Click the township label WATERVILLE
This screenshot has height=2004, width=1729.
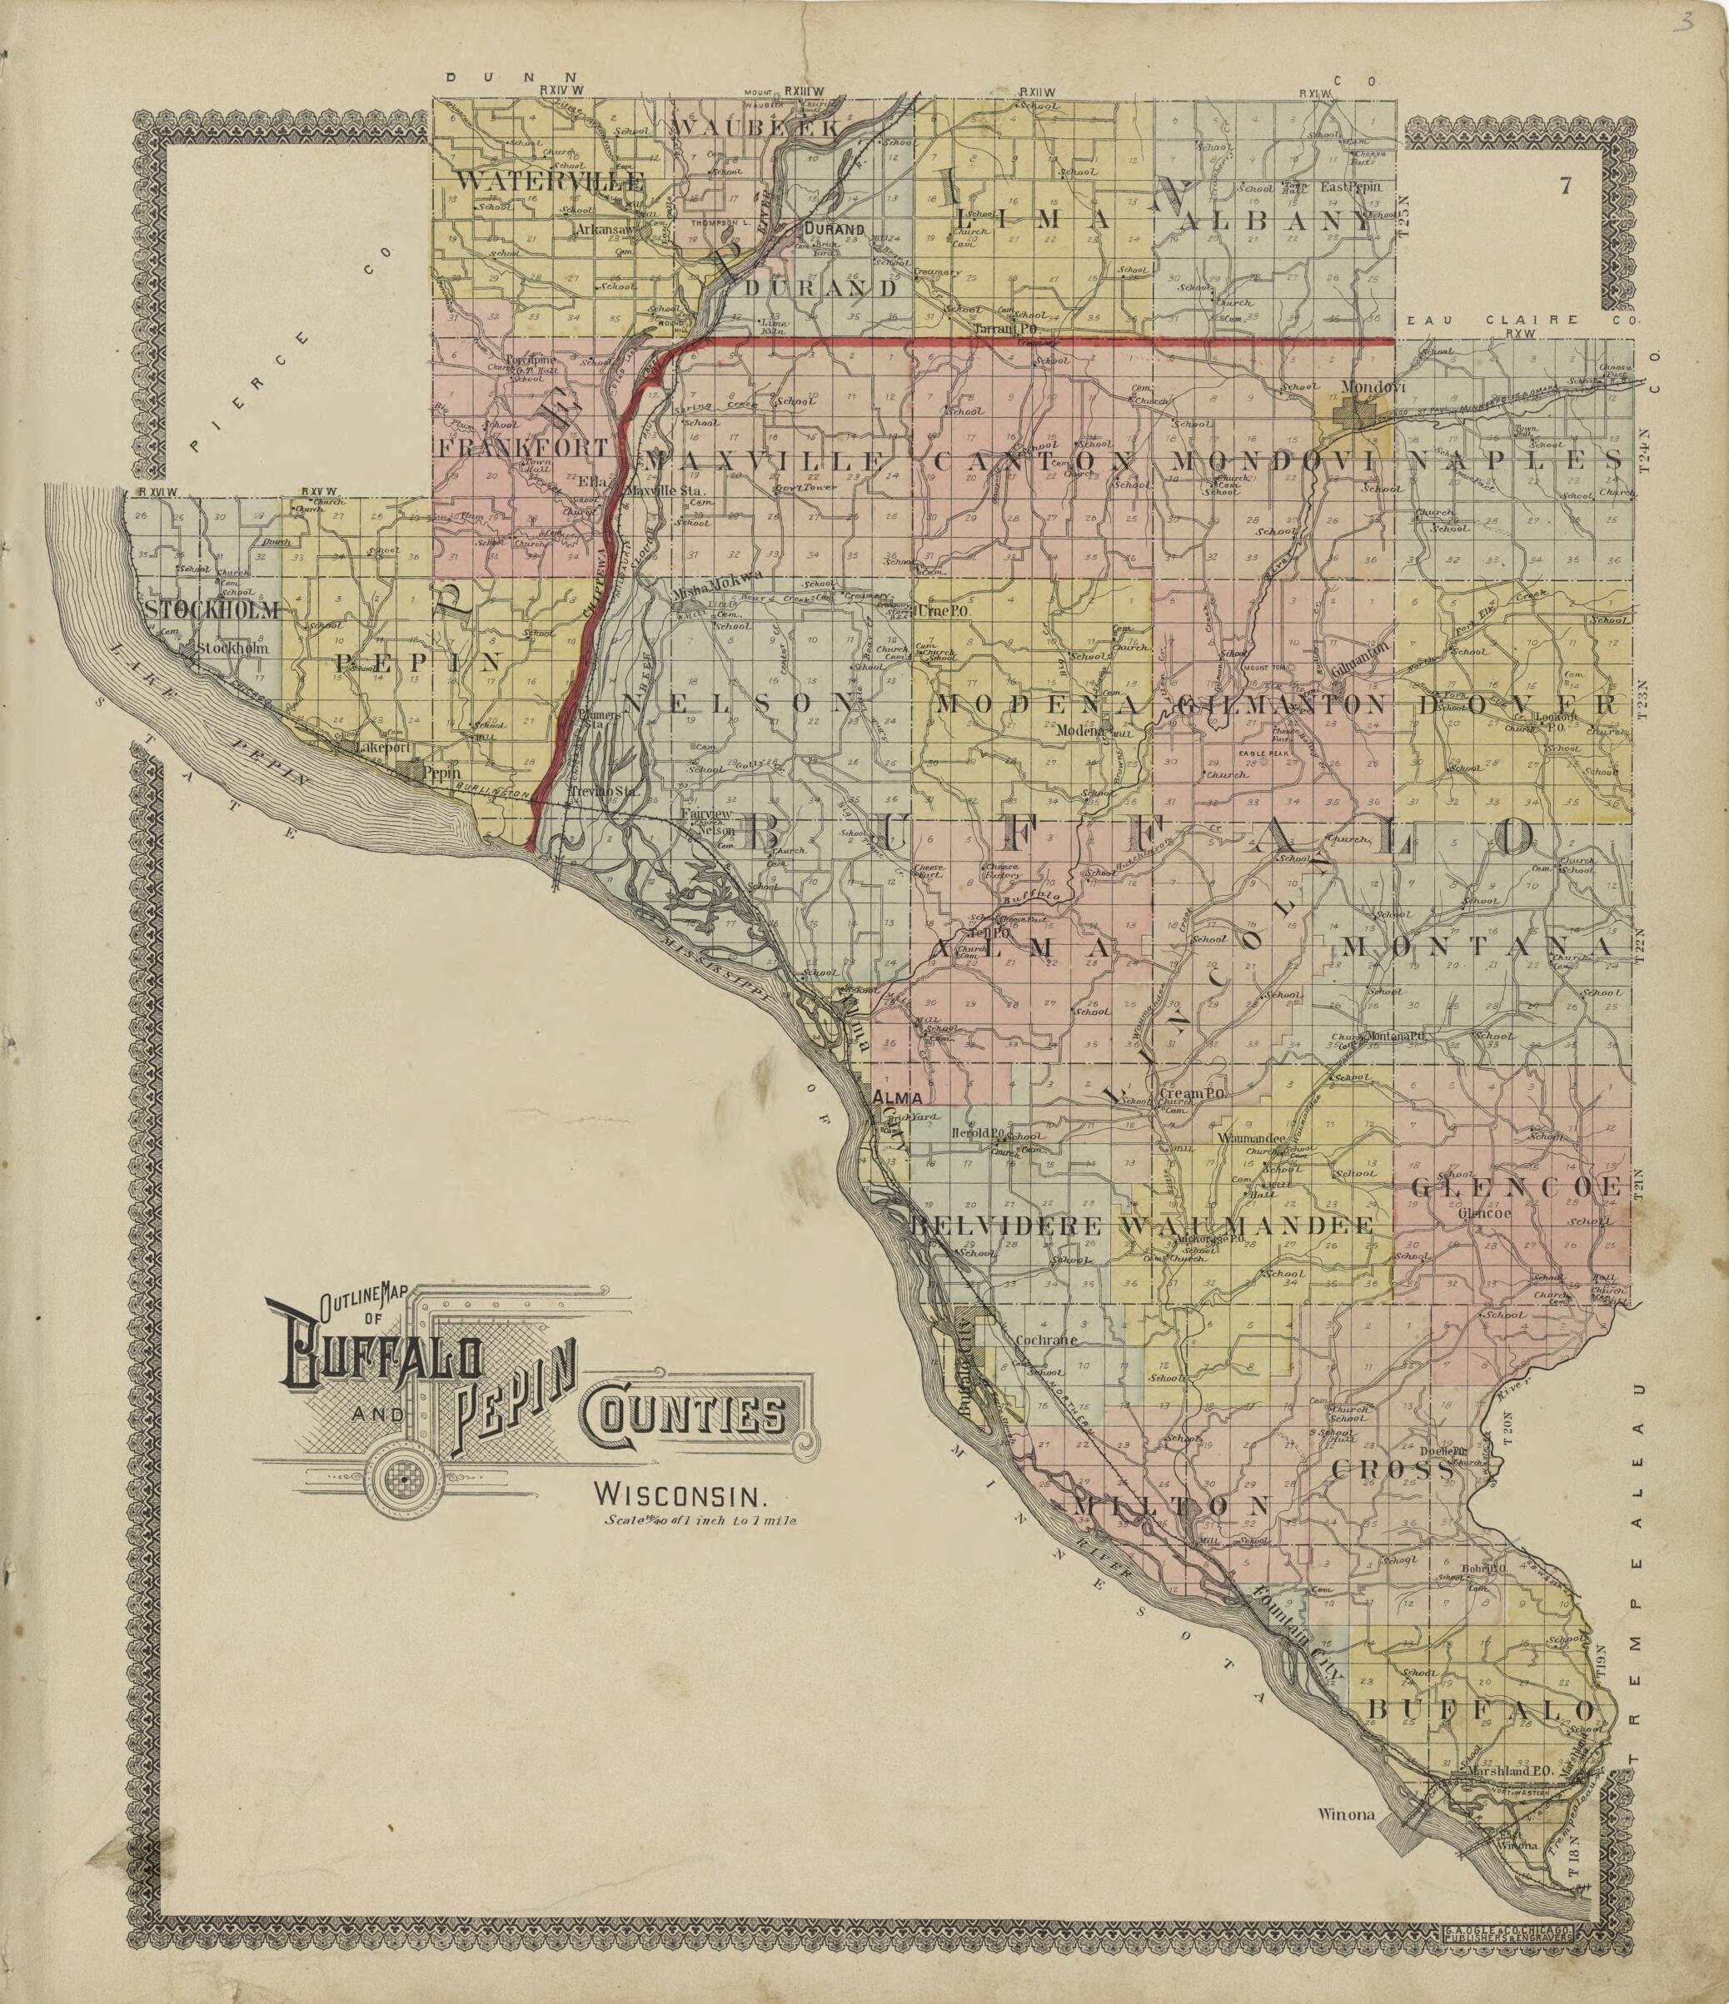tap(549, 181)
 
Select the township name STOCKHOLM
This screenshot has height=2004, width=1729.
tap(214, 609)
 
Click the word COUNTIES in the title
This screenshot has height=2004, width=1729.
tap(684, 1419)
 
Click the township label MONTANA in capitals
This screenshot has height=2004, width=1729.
tap(1482, 945)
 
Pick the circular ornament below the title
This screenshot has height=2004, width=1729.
tap(400, 1477)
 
